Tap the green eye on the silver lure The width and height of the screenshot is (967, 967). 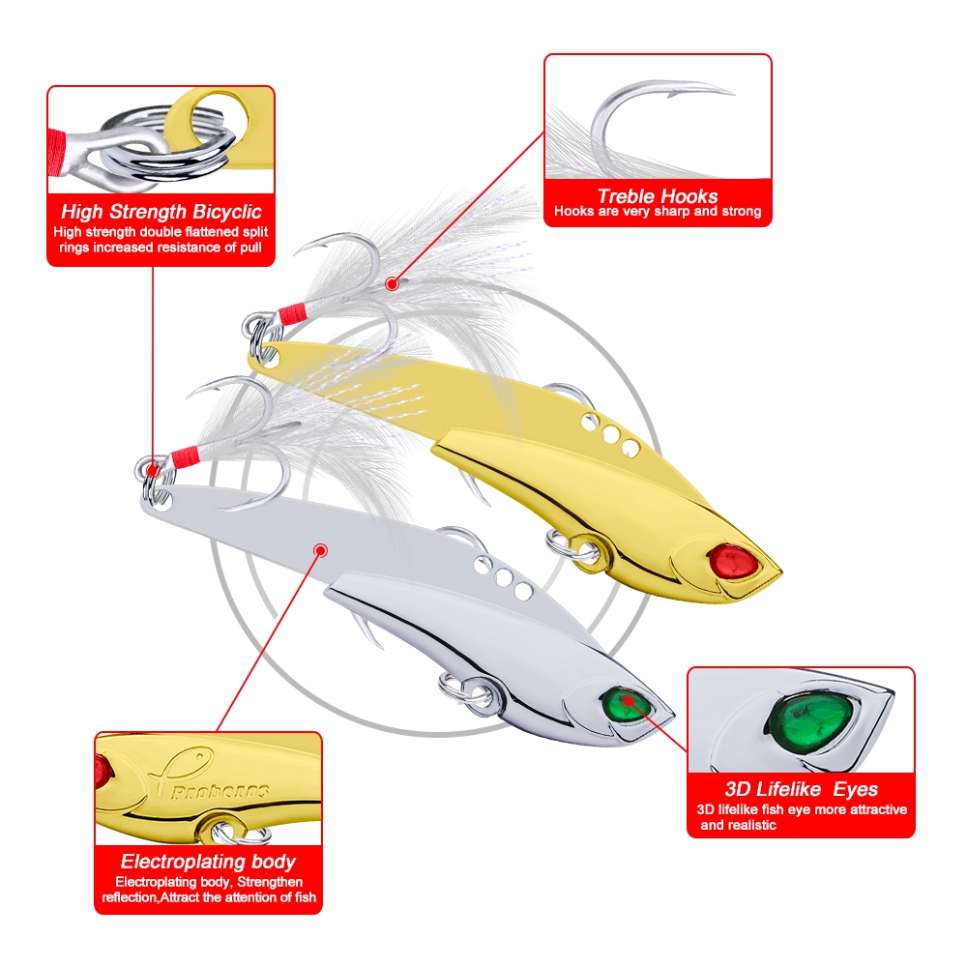pyautogui.click(x=623, y=705)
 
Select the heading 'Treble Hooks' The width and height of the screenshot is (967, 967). pyautogui.click(x=658, y=196)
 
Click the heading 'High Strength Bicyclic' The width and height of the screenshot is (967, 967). pyautogui.click(x=161, y=212)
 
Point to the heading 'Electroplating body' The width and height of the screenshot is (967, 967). pyautogui.click(x=208, y=861)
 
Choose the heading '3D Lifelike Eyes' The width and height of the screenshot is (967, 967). pyautogui.click(x=801, y=789)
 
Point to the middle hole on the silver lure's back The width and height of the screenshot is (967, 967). pyautogui.click(x=504, y=578)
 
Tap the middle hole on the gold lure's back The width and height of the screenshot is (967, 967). pyautogui.click(x=611, y=434)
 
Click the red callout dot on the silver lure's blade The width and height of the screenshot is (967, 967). pyautogui.click(x=320, y=550)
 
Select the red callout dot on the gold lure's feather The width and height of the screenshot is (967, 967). pyautogui.click(x=391, y=284)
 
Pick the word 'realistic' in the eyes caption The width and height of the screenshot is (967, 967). pyautogui.click(x=750, y=825)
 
